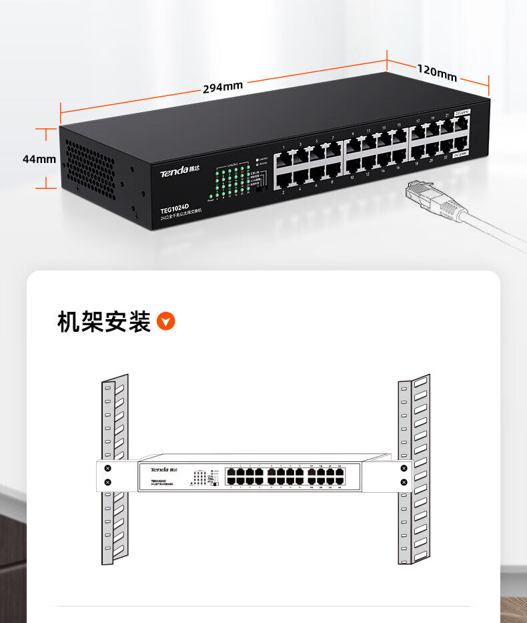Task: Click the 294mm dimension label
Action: tap(223, 87)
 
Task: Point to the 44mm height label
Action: tap(39, 159)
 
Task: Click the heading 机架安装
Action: tap(103, 322)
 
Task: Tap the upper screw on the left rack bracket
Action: tap(107, 469)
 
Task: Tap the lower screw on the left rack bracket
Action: tap(107, 482)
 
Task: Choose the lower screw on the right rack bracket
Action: tap(403, 482)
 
